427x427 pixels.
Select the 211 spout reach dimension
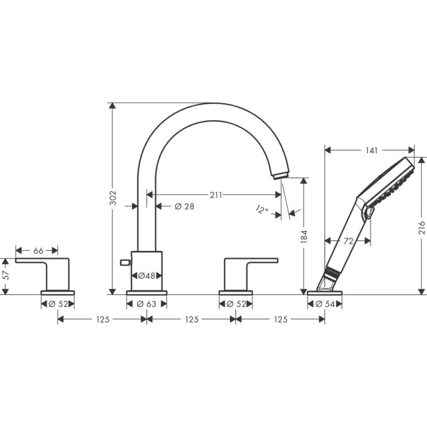pyautogui.click(x=215, y=194)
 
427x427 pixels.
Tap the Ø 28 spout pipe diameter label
pyautogui.click(x=185, y=206)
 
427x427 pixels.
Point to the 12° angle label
pyautogui.click(x=263, y=210)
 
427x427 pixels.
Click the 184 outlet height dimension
pyautogui.click(x=303, y=236)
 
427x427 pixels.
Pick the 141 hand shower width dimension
pyautogui.click(x=371, y=150)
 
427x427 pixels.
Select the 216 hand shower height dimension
pyautogui.click(x=421, y=227)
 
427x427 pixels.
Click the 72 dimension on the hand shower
pyautogui.click(x=348, y=241)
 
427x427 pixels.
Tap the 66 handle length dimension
pyautogui.click(x=38, y=250)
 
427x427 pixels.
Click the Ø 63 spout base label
pyautogui.click(x=146, y=303)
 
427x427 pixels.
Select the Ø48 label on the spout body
pyautogui.click(x=146, y=277)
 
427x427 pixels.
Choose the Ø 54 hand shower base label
pyautogui.click(x=325, y=303)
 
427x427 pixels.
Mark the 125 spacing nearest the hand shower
pyautogui.click(x=280, y=319)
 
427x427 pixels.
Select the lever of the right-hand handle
pyautogui.click(x=259, y=261)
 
